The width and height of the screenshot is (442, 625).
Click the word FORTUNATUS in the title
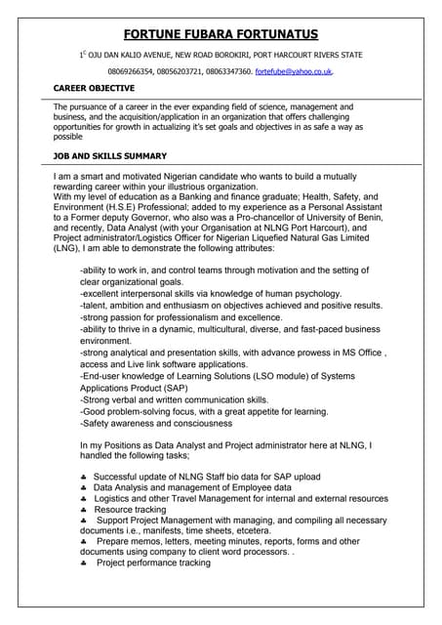click(283, 35)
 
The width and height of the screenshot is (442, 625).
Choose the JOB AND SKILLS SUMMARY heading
click(109, 156)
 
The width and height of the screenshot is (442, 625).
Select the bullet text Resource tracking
click(130, 509)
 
